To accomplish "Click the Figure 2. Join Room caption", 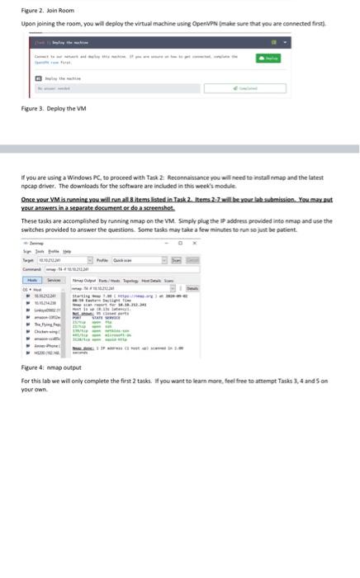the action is pos(38,10).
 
